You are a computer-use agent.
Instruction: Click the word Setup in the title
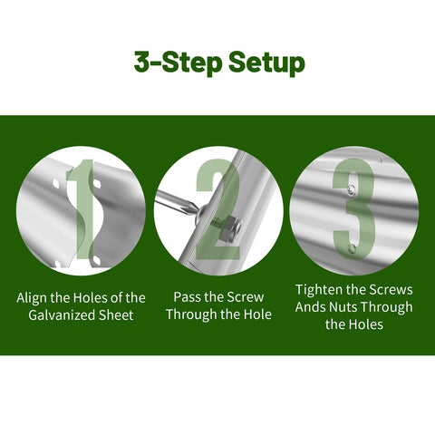pyautogui.click(x=266, y=63)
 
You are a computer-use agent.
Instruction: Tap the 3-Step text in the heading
pyautogui.click(x=178, y=62)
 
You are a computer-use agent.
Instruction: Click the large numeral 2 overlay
pyautogui.click(x=218, y=209)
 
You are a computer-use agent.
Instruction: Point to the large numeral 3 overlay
pyautogui.click(x=353, y=209)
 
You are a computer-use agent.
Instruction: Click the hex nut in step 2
pyautogui.click(x=232, y=228)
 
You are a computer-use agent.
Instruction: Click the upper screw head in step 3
pyautogui.click(x=351, y=190)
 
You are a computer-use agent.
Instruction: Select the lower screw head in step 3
pyautogui.click(x=352, y=249)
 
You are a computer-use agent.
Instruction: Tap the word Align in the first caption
pyautogui.click(x=32, y=298)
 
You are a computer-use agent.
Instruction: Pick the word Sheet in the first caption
pyautogui.click(x=116, y=315)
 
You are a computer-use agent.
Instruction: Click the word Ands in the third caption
pyautogui.click(x=310, y=307)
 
